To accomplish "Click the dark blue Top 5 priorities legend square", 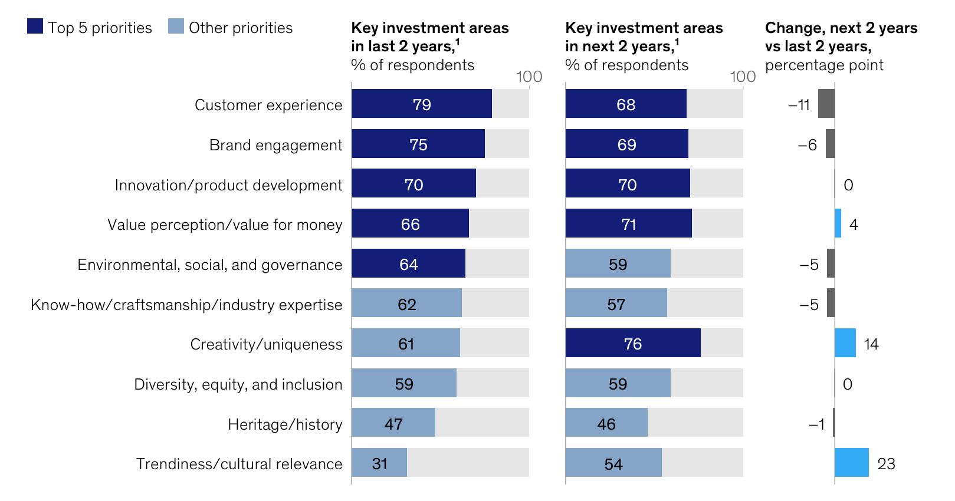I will (35, 26).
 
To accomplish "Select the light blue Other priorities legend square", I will (176, 26).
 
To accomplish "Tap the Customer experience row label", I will (268, 105).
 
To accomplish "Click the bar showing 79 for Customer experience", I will (422, 104).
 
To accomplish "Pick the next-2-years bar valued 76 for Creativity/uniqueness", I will (633, 343).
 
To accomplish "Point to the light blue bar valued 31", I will (379, 463).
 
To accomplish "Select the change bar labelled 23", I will (851, 463).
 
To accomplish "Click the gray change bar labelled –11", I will (826, 104).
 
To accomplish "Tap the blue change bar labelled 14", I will (845, 343).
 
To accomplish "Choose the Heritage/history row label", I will (285, 424).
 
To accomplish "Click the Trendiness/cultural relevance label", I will (239, 464).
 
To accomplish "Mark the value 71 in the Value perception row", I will (629, 224).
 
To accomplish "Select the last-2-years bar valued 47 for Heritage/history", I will (393, 423).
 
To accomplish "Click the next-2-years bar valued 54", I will (613, 463).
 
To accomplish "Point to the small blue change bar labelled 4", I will (838, 223).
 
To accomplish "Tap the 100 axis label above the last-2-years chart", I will (529, 77).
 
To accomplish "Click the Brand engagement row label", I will (275, 145).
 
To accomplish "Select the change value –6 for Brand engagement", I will (807, 145).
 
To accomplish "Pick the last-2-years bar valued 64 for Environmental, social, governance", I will (408, 263).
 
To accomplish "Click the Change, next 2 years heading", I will (841, 28).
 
